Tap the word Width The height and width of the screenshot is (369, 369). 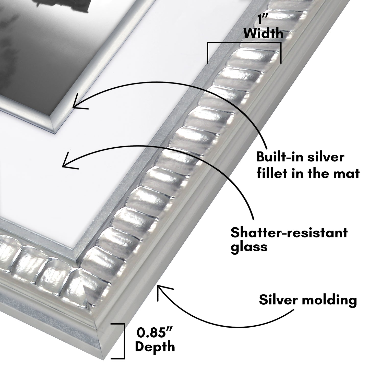[264, 33]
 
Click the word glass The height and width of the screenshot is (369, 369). [249, 247]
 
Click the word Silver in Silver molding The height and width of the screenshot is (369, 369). [279, 300]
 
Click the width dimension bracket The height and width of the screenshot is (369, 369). [244, 44]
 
